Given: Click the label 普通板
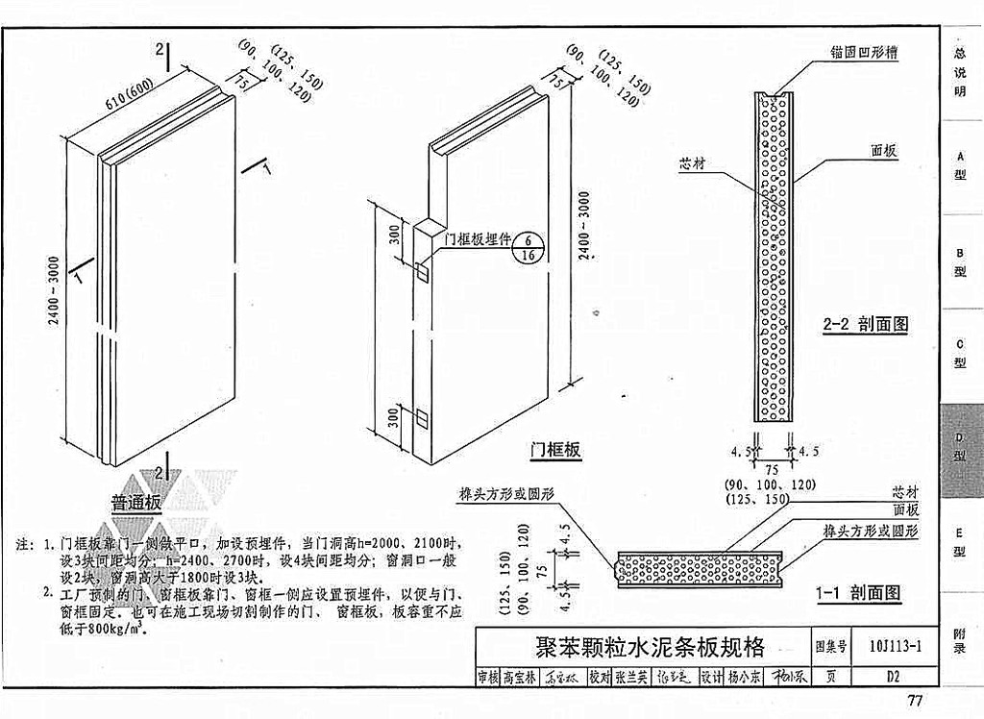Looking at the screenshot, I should (x=136, y=503).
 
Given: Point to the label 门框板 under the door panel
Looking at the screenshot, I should (x=555, y=449).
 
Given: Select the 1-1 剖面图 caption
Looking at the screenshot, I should (x=857, y=593).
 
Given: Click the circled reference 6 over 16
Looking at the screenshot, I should (x=527, y=247).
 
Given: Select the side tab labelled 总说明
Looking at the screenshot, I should (x=960, y=72).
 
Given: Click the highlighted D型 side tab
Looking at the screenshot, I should (x=960, y=448).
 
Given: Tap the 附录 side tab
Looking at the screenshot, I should (x=960, y=641).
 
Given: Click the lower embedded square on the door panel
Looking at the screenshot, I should (x=422, y=417).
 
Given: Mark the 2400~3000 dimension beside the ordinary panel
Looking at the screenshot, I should (x=56, y=293).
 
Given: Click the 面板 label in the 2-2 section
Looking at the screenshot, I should (x=884, y=151).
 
